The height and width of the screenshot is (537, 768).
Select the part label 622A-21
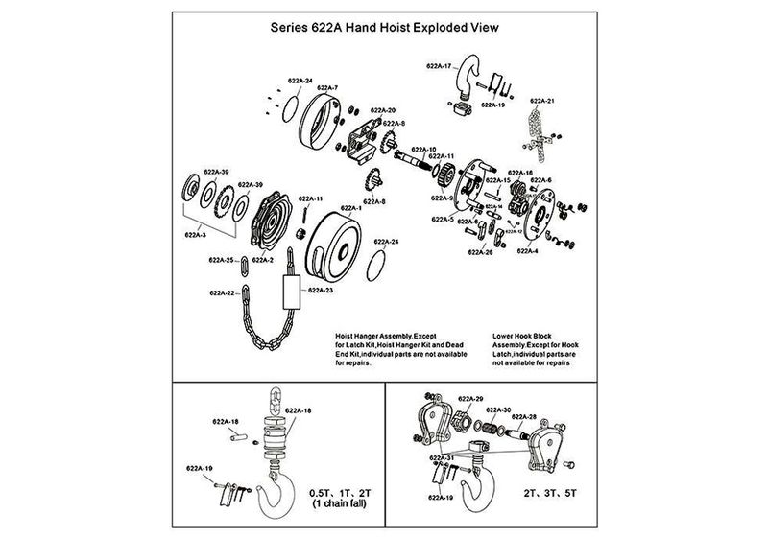click(x=535, y=100)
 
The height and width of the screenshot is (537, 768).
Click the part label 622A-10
click(x=424, y=149)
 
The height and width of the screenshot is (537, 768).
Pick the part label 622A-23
click(x=321, y=288)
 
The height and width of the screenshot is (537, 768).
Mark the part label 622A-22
click(x=223, y=292)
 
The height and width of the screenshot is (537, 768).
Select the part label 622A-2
click(x=261, y=259)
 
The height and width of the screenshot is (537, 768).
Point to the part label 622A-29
click(x=470, y=398)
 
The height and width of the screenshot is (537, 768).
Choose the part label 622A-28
click(x=523, y=417)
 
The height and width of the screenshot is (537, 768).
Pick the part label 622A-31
click(x=443, y=457)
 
